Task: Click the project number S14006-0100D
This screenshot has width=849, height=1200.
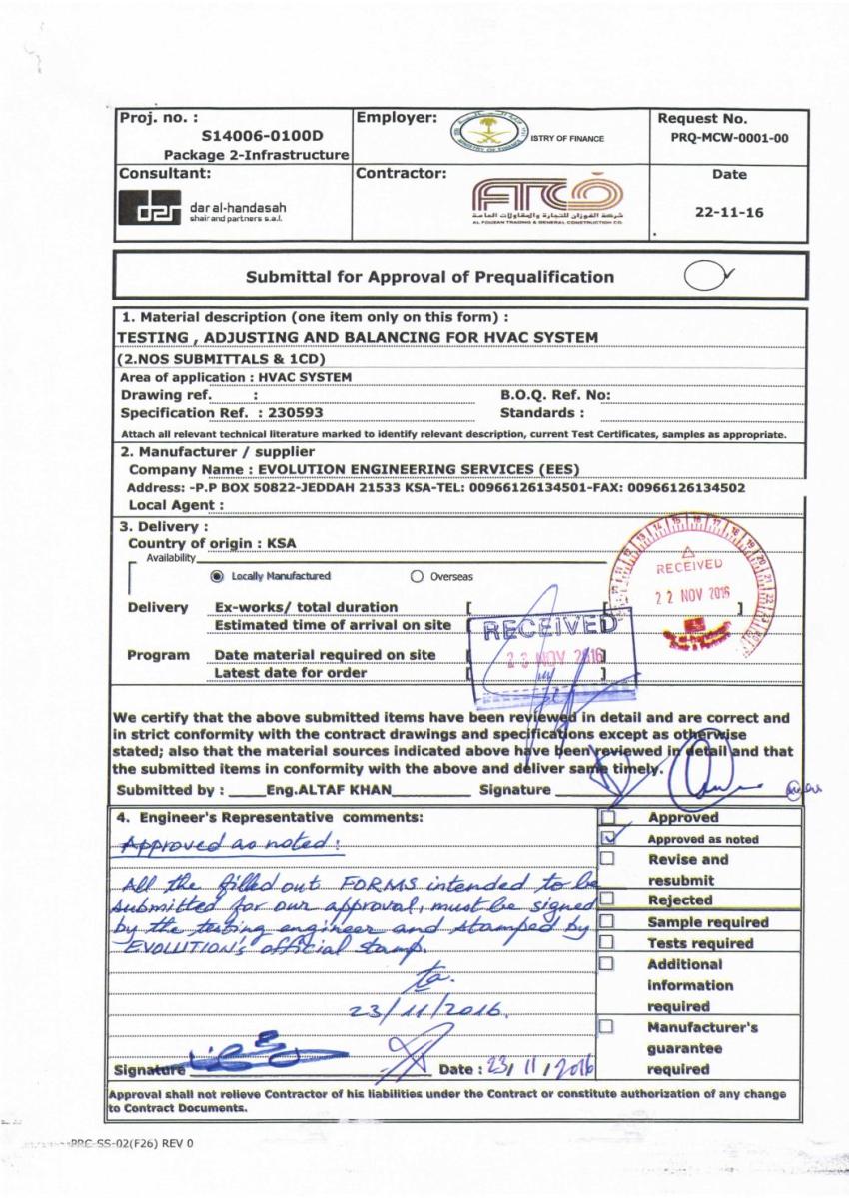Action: pyautogui.click(x=262, y=136)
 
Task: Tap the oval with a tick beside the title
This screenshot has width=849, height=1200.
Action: pyautogui.click(x=710, y=277)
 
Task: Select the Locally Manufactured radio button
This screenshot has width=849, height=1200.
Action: pyautogui.click(x=216, y=577)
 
